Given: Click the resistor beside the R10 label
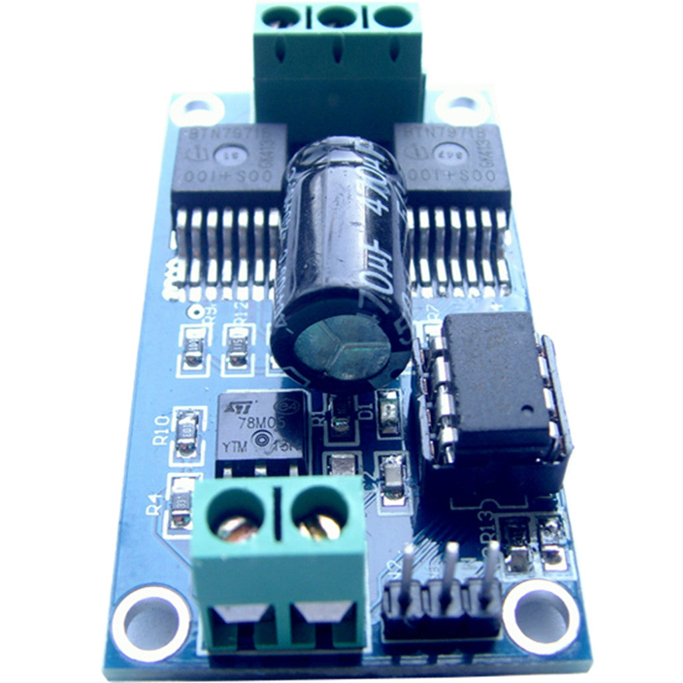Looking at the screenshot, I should [x=187, y=433].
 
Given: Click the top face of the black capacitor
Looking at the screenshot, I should [x=341, y=348].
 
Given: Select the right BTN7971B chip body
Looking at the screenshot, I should [x=452, y=164].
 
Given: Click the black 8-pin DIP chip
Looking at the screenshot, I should [x=494, y=380].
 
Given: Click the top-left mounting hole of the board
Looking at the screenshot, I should [x=196, y=107].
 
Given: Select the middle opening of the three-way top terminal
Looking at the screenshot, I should [x=337, y=16].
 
